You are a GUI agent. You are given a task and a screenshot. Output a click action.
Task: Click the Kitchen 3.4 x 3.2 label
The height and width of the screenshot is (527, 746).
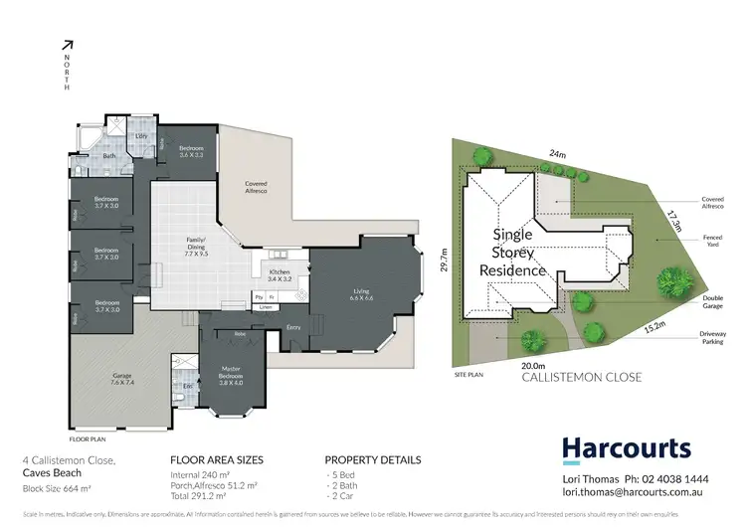278,273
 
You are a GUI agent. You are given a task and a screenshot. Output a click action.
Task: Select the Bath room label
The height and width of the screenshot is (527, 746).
109,156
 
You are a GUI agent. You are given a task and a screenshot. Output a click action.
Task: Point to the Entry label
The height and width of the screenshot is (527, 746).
293,327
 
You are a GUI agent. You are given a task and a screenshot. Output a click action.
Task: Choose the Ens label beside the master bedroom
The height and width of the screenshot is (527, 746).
187,385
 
